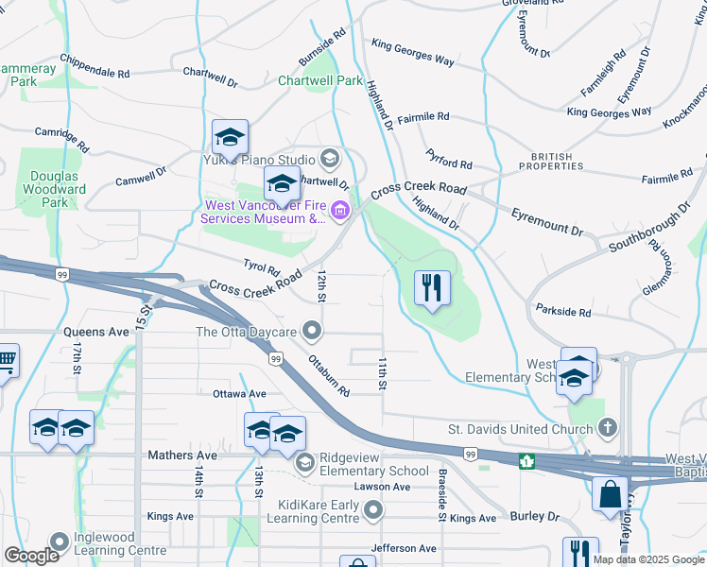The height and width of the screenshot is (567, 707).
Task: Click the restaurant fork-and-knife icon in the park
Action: pos(432,286)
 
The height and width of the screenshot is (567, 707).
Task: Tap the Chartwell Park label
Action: pos(320,81)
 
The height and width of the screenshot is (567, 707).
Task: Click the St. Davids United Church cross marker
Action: pos(607,429)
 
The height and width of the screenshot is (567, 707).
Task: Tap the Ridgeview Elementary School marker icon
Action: pos(305,462)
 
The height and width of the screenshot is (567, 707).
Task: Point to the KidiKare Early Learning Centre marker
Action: pos(374,511)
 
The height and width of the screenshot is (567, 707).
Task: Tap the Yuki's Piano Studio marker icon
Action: pos(330,157)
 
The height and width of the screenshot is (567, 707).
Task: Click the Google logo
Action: pos(31,556)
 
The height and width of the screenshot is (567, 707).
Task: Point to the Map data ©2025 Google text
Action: pos(647,559)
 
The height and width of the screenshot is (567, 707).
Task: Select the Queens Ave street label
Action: pos(95,333)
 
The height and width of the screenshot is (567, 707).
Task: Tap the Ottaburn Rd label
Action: pos(328,375)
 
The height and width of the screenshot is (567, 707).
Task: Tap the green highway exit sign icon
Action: pos(526,461)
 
